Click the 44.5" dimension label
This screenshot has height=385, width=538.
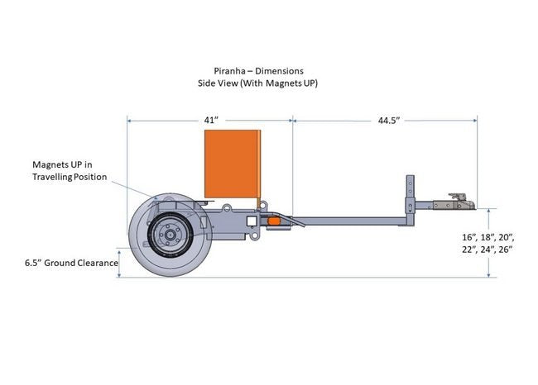tap(389, 121)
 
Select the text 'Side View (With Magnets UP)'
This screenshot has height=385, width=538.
tap(258, 83)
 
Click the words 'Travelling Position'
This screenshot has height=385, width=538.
tap(70, 177)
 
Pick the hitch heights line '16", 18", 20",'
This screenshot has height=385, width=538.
tap(488, 237)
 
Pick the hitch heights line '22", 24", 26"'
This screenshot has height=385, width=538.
tap(488, 250)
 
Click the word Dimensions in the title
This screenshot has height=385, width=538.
tap(281, 71)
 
